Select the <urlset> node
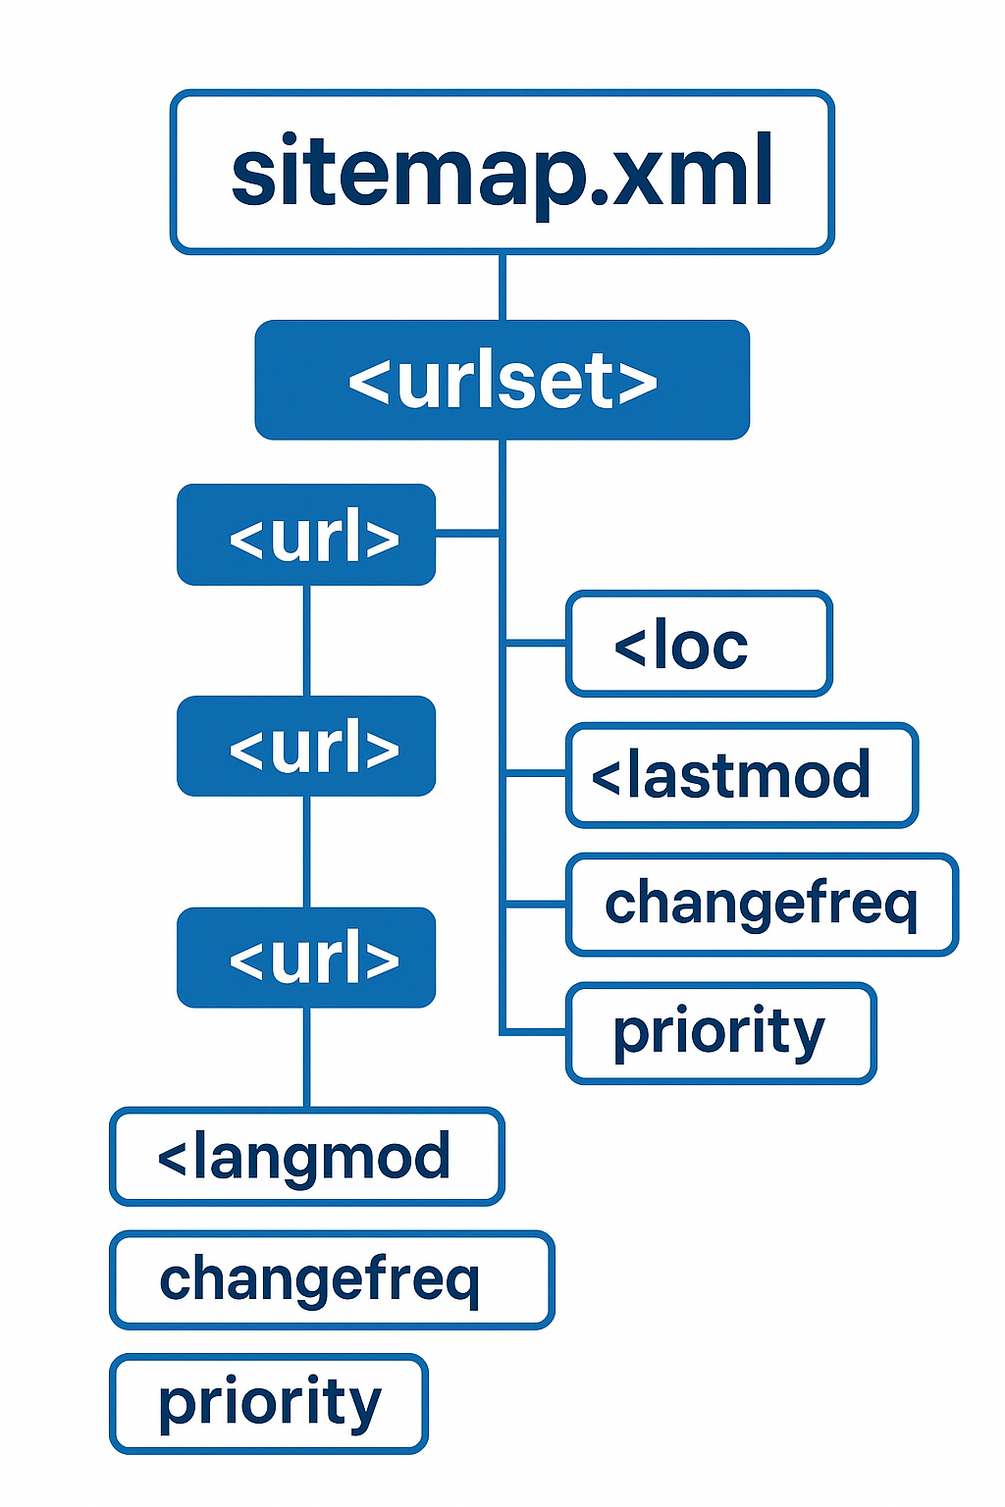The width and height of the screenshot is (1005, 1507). tap(502, 380)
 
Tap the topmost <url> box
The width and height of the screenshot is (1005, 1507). tap(306, 535)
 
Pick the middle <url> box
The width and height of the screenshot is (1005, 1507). tap(306, 746)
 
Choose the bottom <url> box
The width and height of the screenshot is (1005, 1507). tap(306, 958)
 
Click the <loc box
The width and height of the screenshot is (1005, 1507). tap(699, 644)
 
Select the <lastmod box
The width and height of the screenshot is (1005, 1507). tap(741, 775)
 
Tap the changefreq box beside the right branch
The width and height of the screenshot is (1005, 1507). tap(761, 905)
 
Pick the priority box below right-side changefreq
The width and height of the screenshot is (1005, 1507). tap(720, 1033)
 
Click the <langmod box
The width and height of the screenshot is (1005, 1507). tap(306, 1157)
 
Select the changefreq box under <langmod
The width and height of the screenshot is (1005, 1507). tap(332, 1279)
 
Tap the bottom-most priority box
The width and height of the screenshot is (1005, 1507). tap(269, 1403)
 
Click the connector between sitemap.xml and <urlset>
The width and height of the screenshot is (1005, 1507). tap(502, 286)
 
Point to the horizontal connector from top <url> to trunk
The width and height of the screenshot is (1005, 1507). tap(468, 534)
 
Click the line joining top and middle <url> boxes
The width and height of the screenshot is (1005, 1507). tap(306, 640)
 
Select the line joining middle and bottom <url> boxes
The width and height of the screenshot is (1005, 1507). tap(306, 851)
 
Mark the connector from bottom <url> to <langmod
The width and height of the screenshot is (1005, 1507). tap(306, 1057)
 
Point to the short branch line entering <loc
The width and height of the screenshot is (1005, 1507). tap(536, 644)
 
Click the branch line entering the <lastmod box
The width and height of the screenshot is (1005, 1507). tap(536, 774)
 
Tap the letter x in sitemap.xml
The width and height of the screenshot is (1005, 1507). tap(646, 176)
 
